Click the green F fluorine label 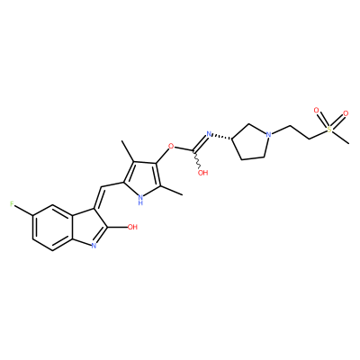coord(12,204)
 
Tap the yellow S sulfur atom coord(329,130)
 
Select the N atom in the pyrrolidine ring coord(268,134)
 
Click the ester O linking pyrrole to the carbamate coord(171,147)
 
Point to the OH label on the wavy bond coord(202,173)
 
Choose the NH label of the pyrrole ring coord(140,200)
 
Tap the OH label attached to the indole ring coord(132,227)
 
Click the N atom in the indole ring coord(94,246)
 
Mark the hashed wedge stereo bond coord(222,137)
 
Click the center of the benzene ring coord(54,228)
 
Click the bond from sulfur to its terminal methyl coord(341,137)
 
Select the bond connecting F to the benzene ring coord(23,210)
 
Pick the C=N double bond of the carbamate coord(200,143)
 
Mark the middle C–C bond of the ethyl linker coord(300,132)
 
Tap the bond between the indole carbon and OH coord(117,228)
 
